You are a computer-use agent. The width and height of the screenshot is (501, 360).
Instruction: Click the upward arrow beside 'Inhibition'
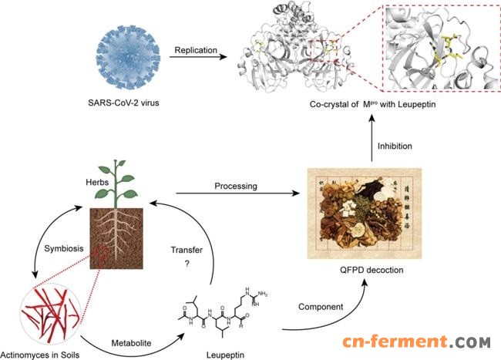click(x=373, y=143)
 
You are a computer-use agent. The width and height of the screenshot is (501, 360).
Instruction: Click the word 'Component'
click(x=316, y=306)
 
